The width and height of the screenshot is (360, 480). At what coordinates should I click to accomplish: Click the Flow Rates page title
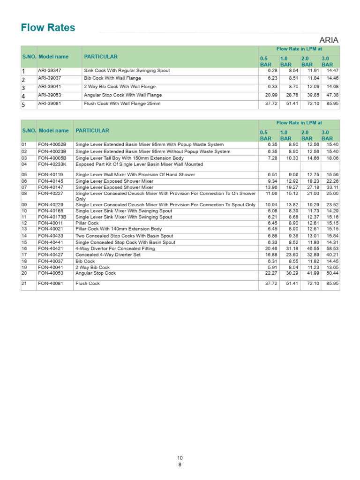point(48,28)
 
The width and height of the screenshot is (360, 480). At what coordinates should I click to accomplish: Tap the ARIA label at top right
point(329,40)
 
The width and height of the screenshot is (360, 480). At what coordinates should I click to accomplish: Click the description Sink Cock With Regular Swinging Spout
point(120,71)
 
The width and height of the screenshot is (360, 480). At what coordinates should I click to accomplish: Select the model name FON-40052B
point(52,145)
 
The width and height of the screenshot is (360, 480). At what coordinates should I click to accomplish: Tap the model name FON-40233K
point(52,165)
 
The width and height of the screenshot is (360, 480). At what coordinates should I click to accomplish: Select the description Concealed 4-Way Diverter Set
point(108,255)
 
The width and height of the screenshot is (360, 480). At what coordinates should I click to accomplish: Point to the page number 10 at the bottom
point(180,457)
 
